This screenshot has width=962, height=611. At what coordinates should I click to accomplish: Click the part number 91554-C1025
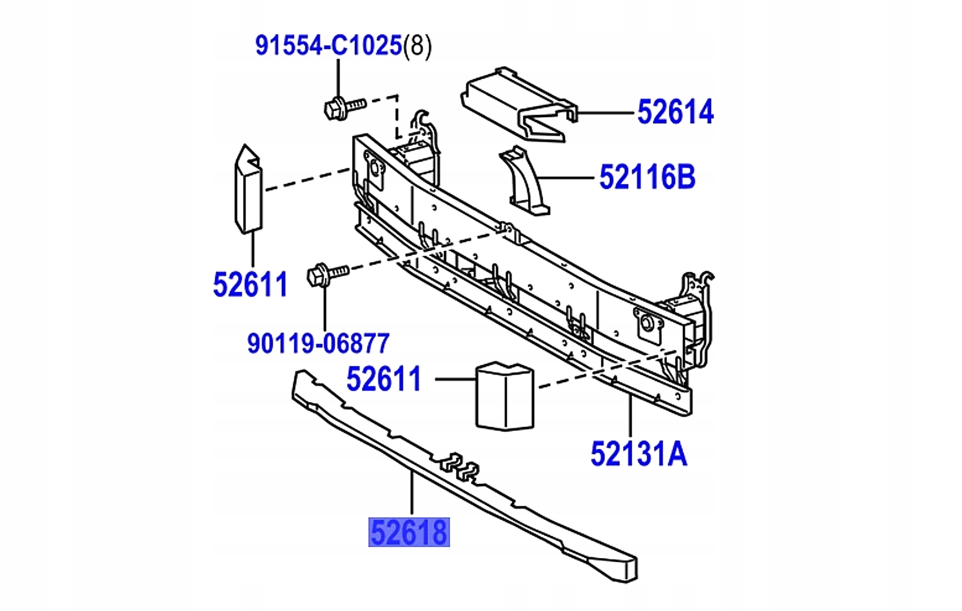pyautogui.click(x=328, y=45)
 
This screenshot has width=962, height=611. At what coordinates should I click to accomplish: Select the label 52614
pyautogui.click(x=675, y=112)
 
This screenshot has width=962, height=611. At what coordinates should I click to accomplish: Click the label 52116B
pyautogui.click(x=647, y=177)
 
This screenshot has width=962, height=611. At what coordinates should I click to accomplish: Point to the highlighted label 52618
pyautogui.click(x=409, y=532)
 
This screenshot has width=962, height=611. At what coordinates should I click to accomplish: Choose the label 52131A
pyautogui.click(x=638, y=454)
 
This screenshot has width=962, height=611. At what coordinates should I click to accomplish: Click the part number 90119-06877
pyautogui.click(x=318, y=344)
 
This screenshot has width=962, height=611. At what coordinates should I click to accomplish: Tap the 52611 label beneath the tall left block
pyautogui.click(x=251, y=285)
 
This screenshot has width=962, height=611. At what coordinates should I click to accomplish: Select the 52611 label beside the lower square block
pyautogui.click(x=384, y=379)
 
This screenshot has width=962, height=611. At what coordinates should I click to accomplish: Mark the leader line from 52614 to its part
pyautogui.click(x=605, y=114)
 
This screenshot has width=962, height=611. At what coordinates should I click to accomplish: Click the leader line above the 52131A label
pyautogui.click(x=630, y=415)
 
